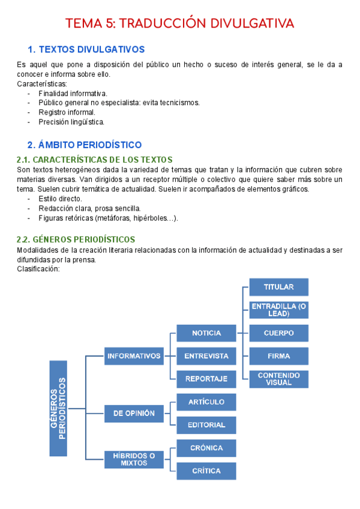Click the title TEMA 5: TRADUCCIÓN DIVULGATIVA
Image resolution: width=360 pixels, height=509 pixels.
180,23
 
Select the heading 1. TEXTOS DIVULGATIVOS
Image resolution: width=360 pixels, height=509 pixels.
86,49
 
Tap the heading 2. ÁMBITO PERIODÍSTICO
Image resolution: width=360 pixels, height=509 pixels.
85,145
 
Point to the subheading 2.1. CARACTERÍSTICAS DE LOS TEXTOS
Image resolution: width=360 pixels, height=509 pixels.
95,160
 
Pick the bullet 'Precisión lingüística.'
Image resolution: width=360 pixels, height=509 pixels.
71,122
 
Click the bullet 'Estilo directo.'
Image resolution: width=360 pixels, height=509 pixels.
60,199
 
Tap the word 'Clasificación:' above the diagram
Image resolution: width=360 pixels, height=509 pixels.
38,268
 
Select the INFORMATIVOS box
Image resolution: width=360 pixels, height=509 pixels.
134,356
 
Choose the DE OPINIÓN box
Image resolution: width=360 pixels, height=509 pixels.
134,413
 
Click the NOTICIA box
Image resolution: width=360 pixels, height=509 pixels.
206,333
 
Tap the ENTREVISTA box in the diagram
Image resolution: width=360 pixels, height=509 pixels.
206,356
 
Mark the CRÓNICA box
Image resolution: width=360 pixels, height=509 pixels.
206,448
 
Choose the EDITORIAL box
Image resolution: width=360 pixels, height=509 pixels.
206,425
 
